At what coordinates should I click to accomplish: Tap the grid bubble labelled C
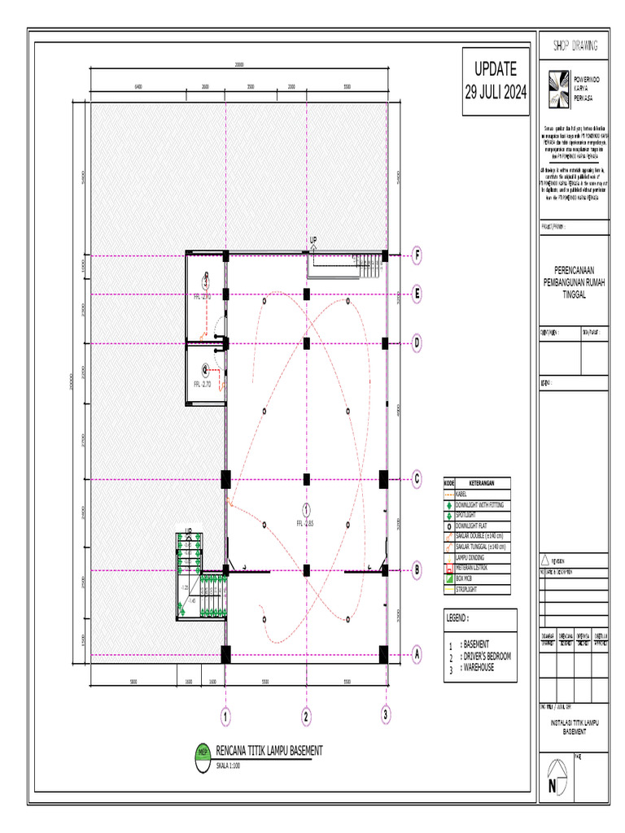tap(417, 479)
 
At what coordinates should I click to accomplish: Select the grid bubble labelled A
tap(417, 653)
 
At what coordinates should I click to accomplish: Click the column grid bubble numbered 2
tap(306, 717)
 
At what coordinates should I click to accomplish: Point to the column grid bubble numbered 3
tap(386, 715)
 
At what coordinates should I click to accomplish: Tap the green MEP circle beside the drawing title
tap(203, 752)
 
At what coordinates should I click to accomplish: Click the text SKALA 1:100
tap(234, 765)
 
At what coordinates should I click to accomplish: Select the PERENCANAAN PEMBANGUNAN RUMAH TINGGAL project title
tap(575, 285)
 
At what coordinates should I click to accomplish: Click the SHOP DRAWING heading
tap(575, 45)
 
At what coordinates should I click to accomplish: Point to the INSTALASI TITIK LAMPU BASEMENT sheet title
tap(575, 726)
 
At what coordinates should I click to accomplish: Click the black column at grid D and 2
tap(307, 343)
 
